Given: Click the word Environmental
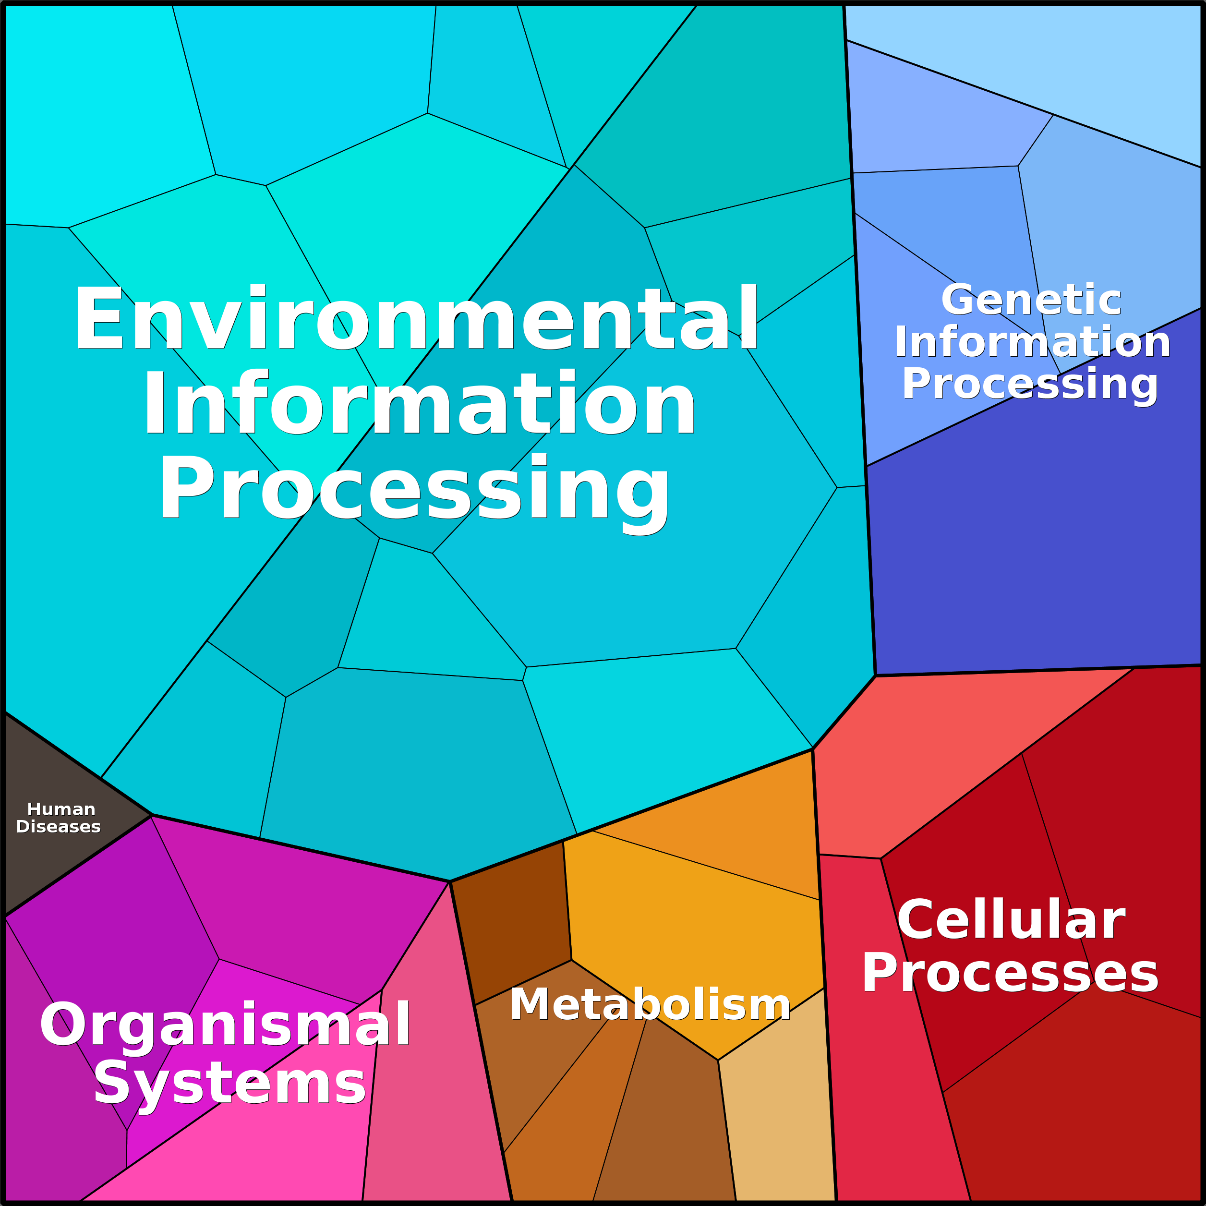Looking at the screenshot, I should pos(416,318).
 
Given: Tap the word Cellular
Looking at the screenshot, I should pos(1011,920).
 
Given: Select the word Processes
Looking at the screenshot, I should pos(1010,973).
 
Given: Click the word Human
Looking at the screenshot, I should pos(61,809).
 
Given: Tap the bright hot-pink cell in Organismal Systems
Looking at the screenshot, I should pos(262,1148).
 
